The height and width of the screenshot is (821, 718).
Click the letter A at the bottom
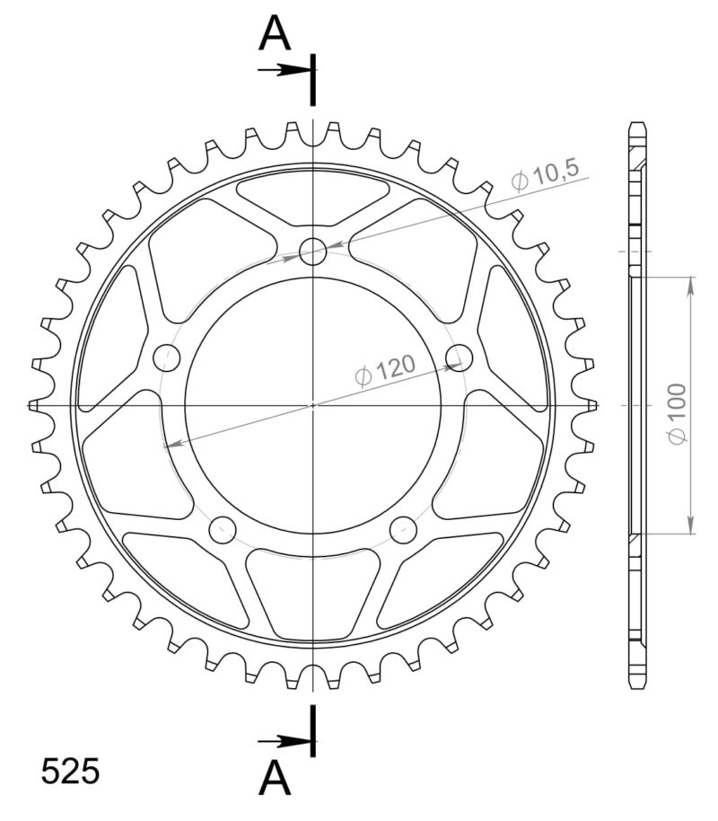tap(276, 779)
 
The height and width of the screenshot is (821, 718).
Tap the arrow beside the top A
tap(283, 69)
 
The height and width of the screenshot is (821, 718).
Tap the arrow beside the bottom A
tap(283, 741)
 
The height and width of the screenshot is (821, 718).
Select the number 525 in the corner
tap(70, 772)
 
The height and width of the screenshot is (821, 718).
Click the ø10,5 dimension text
tap(547, 175)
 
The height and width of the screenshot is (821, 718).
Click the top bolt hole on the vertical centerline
tap(312, 252)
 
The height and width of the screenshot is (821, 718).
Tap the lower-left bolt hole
tap(222, 529)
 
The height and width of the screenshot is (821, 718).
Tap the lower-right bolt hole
tap(403, 529)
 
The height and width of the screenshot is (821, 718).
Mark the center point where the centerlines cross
tap(312, 405)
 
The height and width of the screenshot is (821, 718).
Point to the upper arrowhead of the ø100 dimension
tap(690, 286)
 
